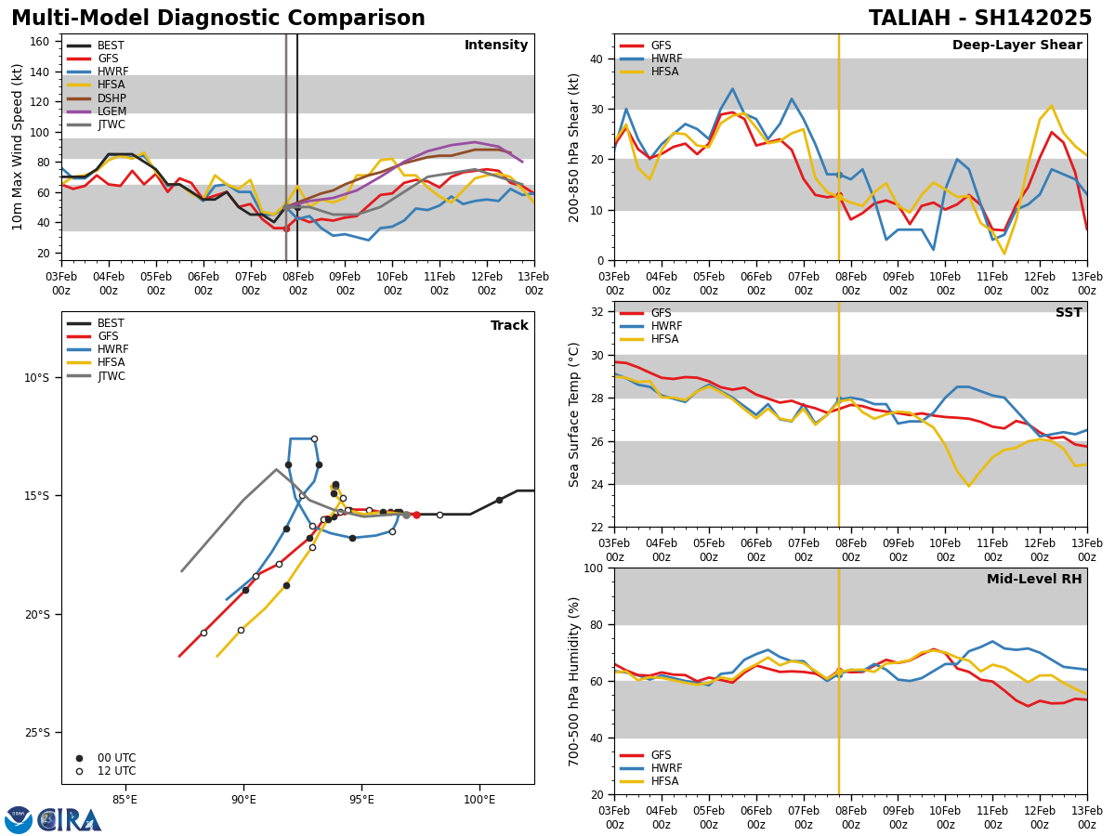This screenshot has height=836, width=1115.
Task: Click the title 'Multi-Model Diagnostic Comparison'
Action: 218,19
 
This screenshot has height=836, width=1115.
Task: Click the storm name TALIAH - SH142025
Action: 980,19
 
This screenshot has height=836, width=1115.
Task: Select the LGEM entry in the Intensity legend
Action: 111,111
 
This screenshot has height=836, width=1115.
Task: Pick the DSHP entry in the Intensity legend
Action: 111,98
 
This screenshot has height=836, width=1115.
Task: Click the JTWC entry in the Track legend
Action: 111,376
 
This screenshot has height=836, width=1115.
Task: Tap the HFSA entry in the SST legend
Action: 666,339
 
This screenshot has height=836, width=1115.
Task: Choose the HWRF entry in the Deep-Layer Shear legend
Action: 666,59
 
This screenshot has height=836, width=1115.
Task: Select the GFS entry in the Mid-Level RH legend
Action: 661,755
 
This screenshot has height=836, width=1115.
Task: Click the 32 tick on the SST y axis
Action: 597,312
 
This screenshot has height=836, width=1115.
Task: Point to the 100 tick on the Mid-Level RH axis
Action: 593,568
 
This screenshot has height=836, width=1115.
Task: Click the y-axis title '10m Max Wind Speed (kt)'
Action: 18,147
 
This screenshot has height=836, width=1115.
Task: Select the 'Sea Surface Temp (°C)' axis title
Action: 574,414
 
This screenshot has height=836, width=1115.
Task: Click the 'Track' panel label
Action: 509,326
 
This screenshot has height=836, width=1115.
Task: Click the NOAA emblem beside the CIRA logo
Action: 19,820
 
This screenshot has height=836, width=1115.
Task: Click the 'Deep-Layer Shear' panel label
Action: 1017,46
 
